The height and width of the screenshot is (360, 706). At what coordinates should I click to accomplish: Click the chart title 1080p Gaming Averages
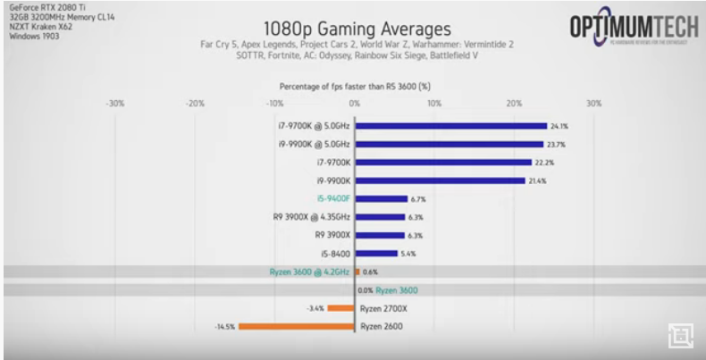[x=354, y=28]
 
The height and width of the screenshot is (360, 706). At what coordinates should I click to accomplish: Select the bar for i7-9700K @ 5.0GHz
[x=451, y=126]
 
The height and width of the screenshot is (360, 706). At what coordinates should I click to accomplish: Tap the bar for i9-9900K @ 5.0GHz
[x=450, y=144]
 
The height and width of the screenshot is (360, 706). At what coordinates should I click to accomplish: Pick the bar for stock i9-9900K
[x=441, y=180]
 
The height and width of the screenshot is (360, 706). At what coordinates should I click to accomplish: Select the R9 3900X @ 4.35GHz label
[x=312, y=217]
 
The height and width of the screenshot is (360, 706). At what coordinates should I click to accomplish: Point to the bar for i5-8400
[x=377, y=254]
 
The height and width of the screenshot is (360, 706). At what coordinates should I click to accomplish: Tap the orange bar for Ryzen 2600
[x=298, y=326]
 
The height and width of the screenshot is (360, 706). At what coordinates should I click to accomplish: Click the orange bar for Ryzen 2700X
[x=341, y=308]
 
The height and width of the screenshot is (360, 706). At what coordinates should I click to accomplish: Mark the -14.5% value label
[x=224, y=327]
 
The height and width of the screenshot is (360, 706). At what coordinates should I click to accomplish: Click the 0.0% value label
[x=365, y=290]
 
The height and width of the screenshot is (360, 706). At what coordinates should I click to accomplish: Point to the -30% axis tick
[x=114, y=104]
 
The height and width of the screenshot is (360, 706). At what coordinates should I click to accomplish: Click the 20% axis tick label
[x=514, y=104]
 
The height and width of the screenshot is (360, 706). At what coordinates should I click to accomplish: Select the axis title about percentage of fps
[x=355, y=87]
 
